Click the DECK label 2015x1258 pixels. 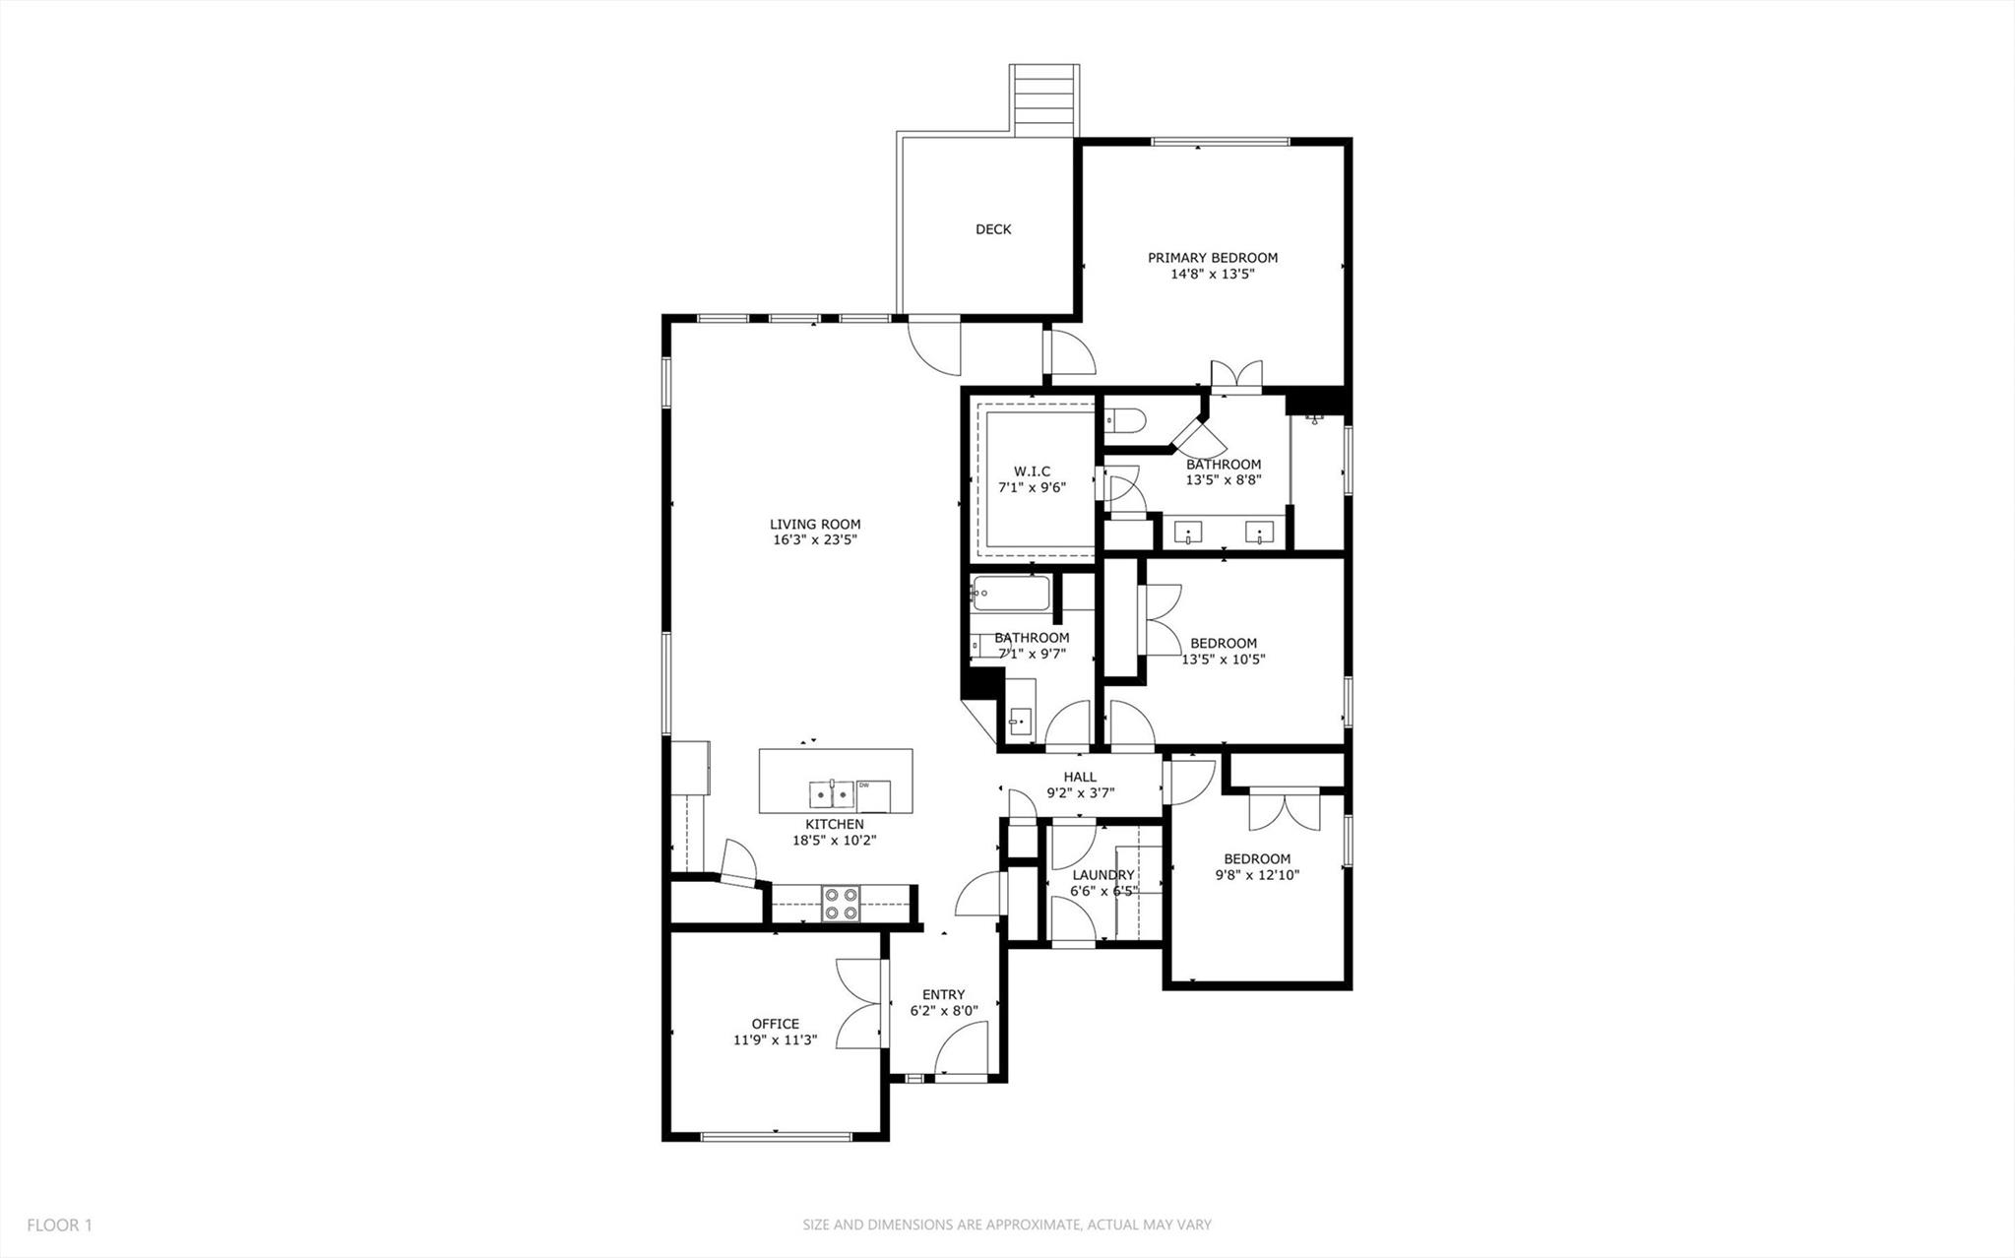click(x=992, y=229)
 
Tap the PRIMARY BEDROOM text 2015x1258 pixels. click(x=1212, y=258)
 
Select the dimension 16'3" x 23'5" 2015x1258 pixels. click(x=815, y=540)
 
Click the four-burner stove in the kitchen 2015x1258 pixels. click(x=841, y=904)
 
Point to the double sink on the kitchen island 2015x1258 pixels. click(x=833, y=793)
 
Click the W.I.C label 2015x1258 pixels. click(x=1032, y=472)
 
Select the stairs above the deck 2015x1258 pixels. click(x=1043, y=99)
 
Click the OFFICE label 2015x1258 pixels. click(x=775, y=1024)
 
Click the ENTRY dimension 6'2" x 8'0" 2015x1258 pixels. click(x=943, y=1010)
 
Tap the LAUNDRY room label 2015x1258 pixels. click(x=1102, y=875)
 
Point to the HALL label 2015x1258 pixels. click(x=1079, y=777)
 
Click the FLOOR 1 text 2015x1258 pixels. click(x=59, y=1226)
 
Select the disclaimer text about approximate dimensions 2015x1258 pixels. click(x=1006, y=1226)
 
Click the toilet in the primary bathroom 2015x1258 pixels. click(x=1122, y=421)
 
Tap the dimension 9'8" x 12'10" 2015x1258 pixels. click(x=1257, y=874)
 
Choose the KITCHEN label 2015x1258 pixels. click(x=834, y=824)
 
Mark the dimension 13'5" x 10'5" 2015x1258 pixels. click(x=1223, y=660)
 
